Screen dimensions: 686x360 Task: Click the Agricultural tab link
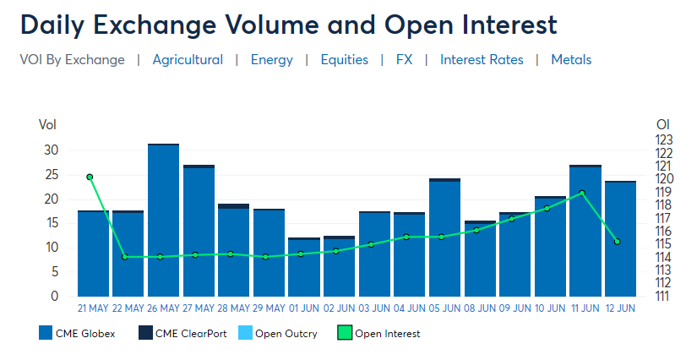coord(188,59)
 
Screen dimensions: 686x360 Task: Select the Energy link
coord(272,59)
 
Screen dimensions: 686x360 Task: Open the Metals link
coord(571,59)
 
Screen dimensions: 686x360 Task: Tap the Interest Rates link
coord(482,59)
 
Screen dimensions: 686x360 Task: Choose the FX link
coord(404,59)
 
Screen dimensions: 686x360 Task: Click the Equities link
coord(345,59)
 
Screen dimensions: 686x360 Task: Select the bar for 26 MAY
coord(163,220)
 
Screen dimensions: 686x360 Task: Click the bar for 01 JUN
coord(304,267)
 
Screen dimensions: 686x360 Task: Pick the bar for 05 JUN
coord(444,237)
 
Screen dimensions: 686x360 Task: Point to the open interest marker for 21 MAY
coord(90,177)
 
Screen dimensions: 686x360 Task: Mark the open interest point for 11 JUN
coord(582,193)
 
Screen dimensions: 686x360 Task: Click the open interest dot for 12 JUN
coord(618,242)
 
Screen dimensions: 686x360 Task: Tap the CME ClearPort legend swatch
coord(145,333)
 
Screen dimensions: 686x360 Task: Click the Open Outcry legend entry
coord(278,333)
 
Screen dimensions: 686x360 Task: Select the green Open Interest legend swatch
coord(345,333)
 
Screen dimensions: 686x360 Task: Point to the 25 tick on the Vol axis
coord(52,175)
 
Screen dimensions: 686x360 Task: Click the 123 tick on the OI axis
coord(664,140)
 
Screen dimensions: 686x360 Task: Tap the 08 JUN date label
coord(480,308)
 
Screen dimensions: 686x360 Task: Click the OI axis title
coord(663,125)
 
